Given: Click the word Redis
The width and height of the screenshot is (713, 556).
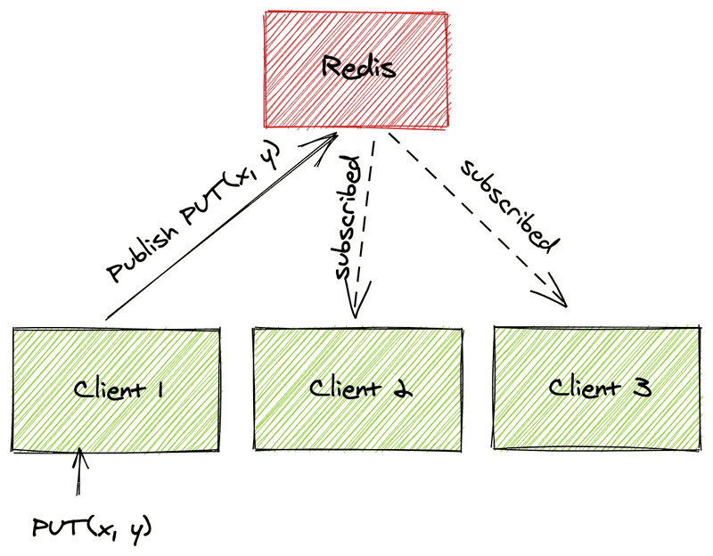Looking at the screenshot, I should (356, 67).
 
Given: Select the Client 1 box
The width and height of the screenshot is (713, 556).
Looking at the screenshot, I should (116, 419).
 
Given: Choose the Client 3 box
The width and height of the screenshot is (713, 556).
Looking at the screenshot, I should (597, 419).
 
